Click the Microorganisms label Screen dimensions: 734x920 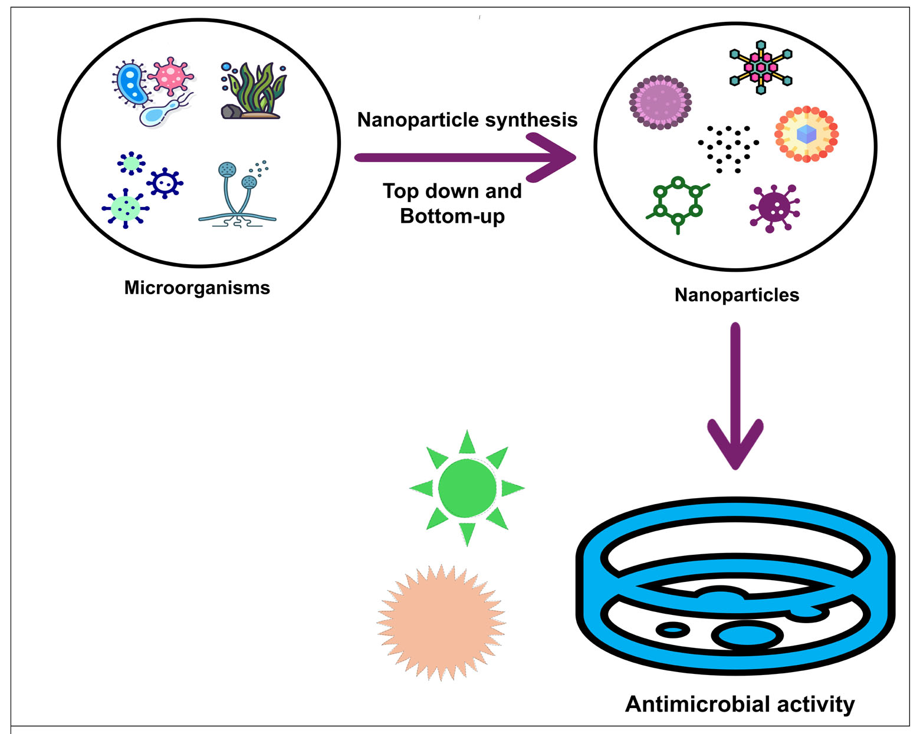click(197, 288)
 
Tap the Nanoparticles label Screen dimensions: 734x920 click(737, 295)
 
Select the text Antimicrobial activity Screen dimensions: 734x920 click(740, 704)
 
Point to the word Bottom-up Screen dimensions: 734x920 click(452, 216)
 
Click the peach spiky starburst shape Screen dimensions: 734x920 click(441, 623)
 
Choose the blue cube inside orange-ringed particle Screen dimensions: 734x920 click(806, 134)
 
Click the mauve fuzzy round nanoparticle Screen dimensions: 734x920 click(661, 101)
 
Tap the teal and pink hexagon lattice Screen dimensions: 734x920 click(761, 67)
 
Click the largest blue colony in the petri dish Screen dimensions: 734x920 click(747, 636)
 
